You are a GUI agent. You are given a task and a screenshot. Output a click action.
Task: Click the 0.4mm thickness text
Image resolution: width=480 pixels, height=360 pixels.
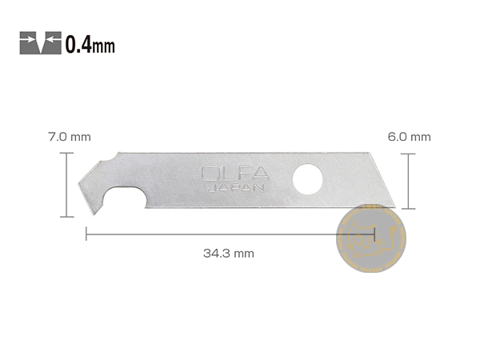click(90, 44)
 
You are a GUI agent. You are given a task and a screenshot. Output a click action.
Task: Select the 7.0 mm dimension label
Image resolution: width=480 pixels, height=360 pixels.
click(70, 137)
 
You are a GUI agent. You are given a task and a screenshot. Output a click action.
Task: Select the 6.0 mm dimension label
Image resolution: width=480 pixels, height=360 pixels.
click(409, 137)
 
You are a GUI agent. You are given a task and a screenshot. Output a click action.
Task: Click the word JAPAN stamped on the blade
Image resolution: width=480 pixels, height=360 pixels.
click(230, 189)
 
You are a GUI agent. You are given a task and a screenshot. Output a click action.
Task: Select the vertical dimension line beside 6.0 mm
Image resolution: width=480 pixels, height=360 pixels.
click(409, 181)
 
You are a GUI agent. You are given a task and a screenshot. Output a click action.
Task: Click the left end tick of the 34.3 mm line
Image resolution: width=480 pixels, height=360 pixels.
click(86, 234)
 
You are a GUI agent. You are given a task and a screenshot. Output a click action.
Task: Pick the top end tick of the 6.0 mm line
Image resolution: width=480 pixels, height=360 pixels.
click(409, 154)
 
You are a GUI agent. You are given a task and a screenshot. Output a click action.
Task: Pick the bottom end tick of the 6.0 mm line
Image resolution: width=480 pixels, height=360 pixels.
click(409, 208)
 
